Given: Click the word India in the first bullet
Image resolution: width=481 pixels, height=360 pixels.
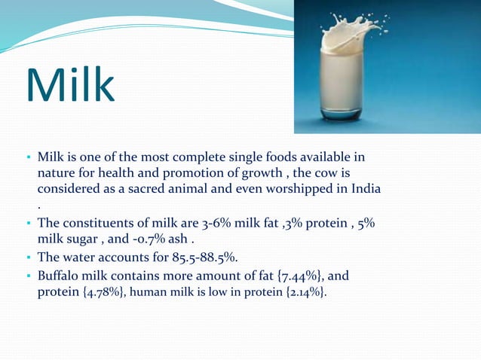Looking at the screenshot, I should [363, 188].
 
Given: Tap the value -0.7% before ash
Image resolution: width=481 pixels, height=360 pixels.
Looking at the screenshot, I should [152, 240].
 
